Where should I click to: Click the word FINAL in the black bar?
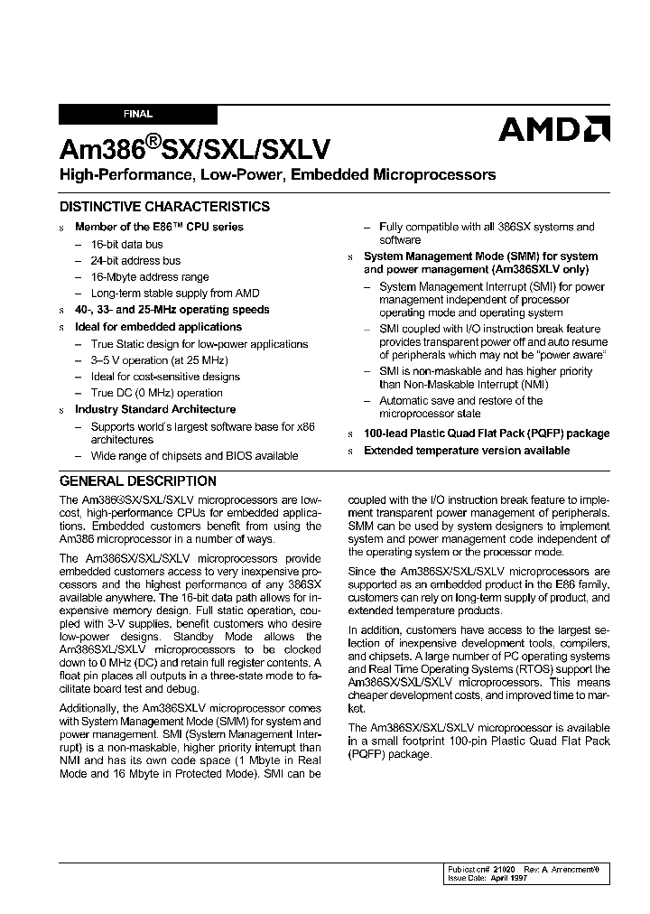point(138,115)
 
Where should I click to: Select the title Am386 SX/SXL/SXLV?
point(195,148)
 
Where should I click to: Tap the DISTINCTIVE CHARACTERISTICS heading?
point(164,207)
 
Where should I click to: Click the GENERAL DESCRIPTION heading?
point(138,481)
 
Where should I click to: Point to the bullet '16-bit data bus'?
point(127,244)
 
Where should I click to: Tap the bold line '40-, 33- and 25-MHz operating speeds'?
point(172,310)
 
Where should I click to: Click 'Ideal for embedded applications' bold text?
point(158,327)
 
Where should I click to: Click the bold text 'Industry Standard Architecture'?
point(155,409)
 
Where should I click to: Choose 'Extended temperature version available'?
point(466,450)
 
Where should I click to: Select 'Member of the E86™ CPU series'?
point(159,227)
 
